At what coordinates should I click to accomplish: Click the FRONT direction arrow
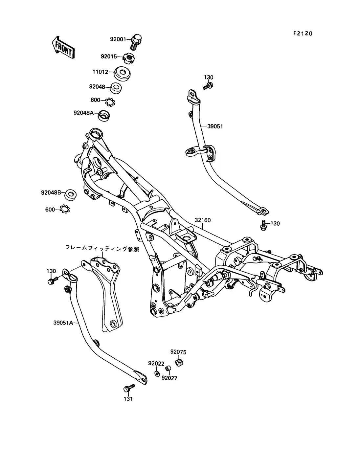63,47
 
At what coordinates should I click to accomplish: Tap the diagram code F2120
303,34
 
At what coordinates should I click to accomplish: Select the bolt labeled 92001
136,42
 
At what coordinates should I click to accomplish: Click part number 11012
100,72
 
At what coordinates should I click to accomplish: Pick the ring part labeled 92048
116,88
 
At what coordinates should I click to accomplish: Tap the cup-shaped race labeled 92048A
104,116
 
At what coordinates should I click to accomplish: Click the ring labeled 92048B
70,195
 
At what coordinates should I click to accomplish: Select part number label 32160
203,220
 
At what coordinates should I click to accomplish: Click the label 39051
215,126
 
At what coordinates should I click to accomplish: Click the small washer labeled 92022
157,373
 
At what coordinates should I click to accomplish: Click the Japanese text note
102,249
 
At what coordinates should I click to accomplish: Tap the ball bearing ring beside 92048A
110,102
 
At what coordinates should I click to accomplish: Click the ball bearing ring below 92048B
65,209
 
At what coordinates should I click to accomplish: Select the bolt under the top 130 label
208,86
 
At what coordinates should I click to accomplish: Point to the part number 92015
109,56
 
